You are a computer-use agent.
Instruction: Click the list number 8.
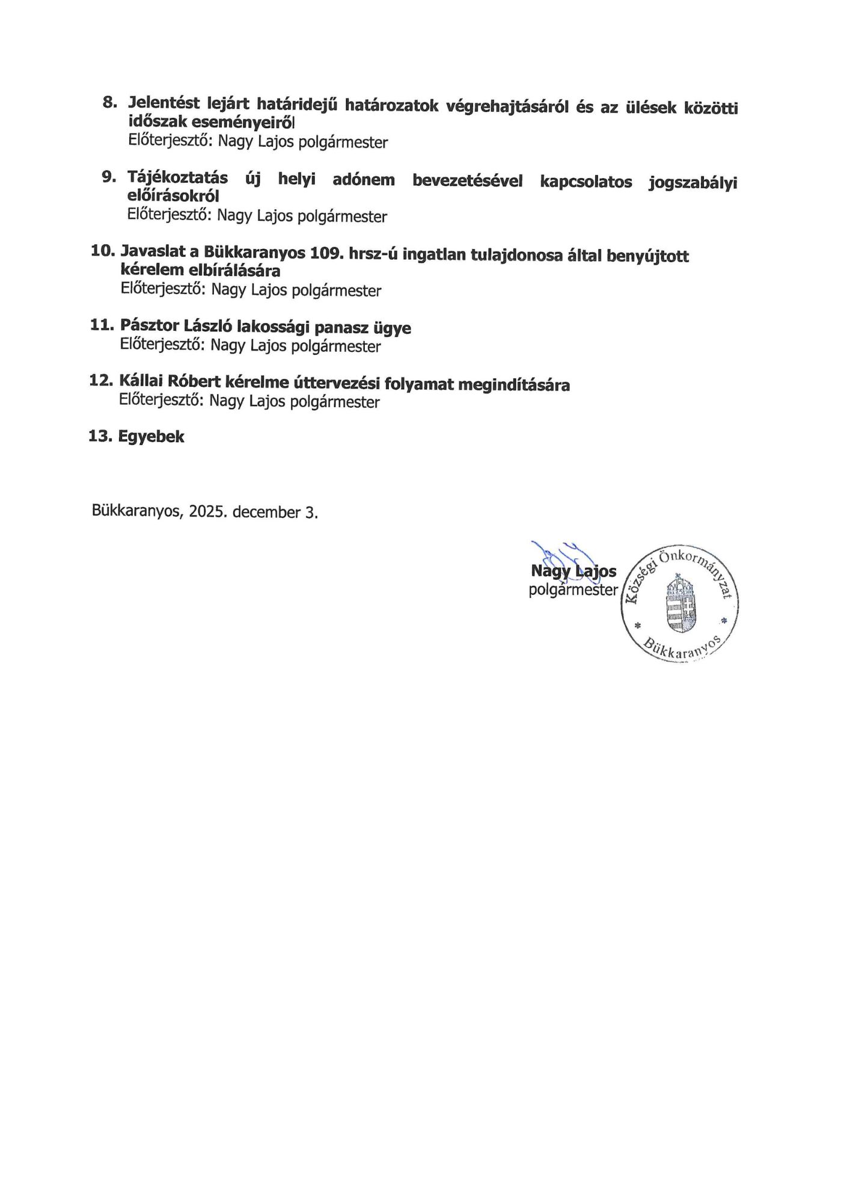click(x=109, y=102)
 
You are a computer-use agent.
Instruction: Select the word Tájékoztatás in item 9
click(x=177, y=178)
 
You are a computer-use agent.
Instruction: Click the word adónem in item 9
click(x=364, y=180)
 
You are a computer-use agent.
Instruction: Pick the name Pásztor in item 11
click(x=149, y=325)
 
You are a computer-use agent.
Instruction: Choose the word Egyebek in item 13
click(x=151, y=437)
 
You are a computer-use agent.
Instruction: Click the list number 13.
click(x=100, y=436)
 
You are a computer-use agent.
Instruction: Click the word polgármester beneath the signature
click(x=573, y=590)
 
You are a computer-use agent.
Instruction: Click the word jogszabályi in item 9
click(x=693, y=183)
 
